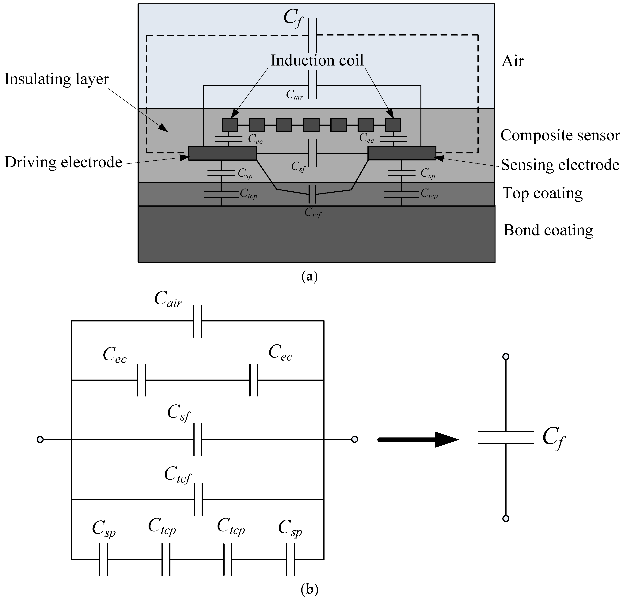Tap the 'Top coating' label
(x=542, y=193)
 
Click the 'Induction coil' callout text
(x=317, y=60)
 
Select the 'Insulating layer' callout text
(x=57, y=79)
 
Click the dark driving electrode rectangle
(x=222, y=153)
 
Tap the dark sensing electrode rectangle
(x=402, y=153)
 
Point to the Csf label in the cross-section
(x=298, y=167)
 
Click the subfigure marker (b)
(x=309, y=590)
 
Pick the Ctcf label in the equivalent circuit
(x=178, y=476)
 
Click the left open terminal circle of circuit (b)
(x=40, y=440)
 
